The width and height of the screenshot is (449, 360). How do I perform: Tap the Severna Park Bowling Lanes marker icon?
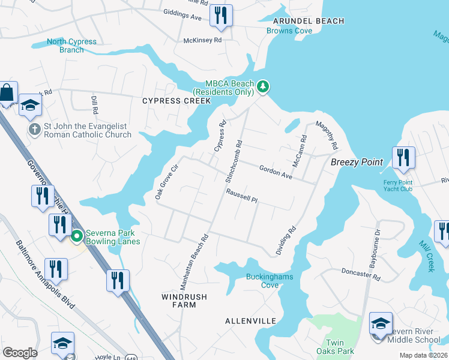pyautogui.click(x=76, y=236)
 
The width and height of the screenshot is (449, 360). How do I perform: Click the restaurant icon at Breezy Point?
pyautogui.click(x=403, y=158)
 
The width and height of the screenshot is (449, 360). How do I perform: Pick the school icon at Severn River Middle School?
pyautogui.click(x=381, y=324)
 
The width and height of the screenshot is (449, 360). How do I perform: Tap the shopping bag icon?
pyautogui.click(x=7, y=93)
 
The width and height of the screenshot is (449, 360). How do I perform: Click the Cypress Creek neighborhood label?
pyautogui.click(x=176, y=101)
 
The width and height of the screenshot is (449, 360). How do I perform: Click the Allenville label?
pyautogui.click(x=250, y=321)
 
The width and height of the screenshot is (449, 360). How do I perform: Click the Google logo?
pyautogui.click(x=20, y=353)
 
